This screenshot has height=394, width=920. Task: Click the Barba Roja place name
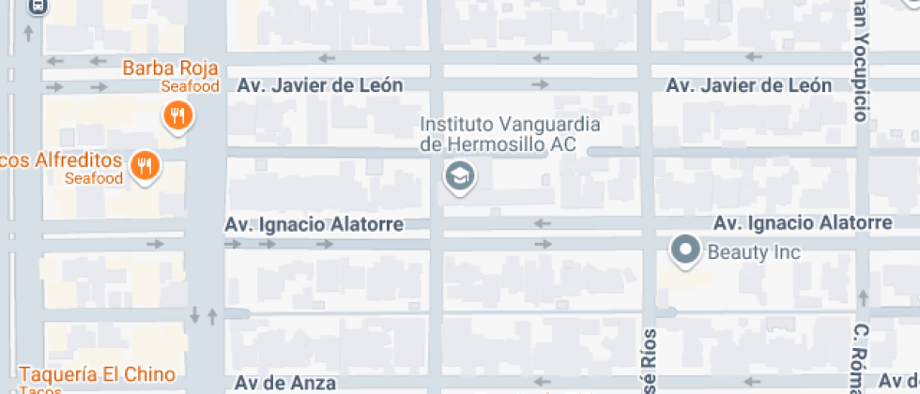(x=171, y=68)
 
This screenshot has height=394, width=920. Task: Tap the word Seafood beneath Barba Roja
(x=190, y=86)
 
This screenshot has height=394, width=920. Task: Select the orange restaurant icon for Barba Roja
(x=176, y=116)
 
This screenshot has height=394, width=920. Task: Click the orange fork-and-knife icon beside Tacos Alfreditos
(x=144, y=167)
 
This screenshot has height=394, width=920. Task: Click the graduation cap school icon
(x=459, y=175)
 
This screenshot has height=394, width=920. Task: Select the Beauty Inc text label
(x=754, y=251)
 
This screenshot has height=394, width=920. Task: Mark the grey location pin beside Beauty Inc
(x=686, y=250)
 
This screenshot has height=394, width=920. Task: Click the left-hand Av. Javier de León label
(x=320, y=85)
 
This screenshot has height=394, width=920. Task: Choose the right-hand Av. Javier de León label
(x=748, y=85)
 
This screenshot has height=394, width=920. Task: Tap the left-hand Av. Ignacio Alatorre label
(x=314, y=225)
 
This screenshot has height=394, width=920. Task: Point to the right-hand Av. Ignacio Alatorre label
(x=803, y=223)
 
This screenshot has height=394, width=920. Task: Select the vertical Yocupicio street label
(x=860, y=61)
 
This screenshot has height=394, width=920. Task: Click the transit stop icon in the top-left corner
(x=37, y=6)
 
